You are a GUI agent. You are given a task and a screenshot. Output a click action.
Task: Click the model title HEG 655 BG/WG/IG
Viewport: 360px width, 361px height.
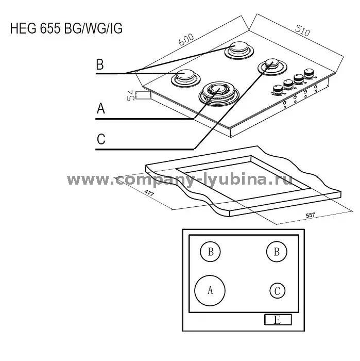click(x=66, y=28)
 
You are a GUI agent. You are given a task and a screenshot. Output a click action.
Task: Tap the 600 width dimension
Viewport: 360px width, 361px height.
click(x=186, y=39)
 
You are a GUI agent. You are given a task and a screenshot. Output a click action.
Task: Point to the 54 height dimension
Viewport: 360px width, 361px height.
click(x=130, y=95)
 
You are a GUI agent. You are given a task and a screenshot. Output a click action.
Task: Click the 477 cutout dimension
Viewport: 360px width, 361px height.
click(x=149, y=193)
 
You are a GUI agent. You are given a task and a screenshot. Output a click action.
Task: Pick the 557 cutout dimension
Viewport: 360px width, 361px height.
click(x=311, y=215)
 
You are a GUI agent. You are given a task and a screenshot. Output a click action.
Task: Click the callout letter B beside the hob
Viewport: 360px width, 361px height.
click(x=100, y=64)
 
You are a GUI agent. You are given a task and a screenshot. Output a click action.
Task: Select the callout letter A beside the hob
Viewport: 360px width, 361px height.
click(x=101, y=108)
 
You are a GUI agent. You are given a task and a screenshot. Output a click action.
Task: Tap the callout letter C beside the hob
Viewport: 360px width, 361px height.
click(x=101, y=139)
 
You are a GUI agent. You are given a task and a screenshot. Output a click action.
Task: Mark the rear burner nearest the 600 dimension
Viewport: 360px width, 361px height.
click(x=239, y=50)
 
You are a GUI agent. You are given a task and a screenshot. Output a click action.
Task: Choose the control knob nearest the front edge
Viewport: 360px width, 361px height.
click(x=278, y=90)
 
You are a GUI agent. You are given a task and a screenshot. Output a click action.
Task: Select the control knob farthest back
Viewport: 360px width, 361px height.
click(x=309, y=74)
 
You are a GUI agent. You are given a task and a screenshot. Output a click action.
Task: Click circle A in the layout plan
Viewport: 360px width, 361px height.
click(x=210, y=290)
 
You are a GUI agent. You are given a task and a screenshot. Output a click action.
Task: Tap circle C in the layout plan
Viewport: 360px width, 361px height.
click(x=278, y=291)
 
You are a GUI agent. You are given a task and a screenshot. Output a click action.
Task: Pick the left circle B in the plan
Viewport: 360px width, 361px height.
click(x=210, y=252)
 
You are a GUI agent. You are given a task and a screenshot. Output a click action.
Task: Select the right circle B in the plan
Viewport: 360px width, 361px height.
click(x=277, y=252)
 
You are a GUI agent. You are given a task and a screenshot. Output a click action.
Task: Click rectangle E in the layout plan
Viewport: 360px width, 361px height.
click(x=278, y=320)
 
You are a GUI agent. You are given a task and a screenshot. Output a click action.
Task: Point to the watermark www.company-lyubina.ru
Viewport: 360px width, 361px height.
click(x=180, y=179)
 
